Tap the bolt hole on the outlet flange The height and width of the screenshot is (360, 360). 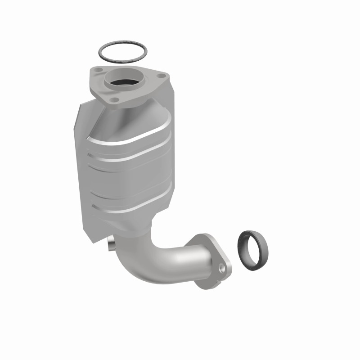(221, 269)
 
